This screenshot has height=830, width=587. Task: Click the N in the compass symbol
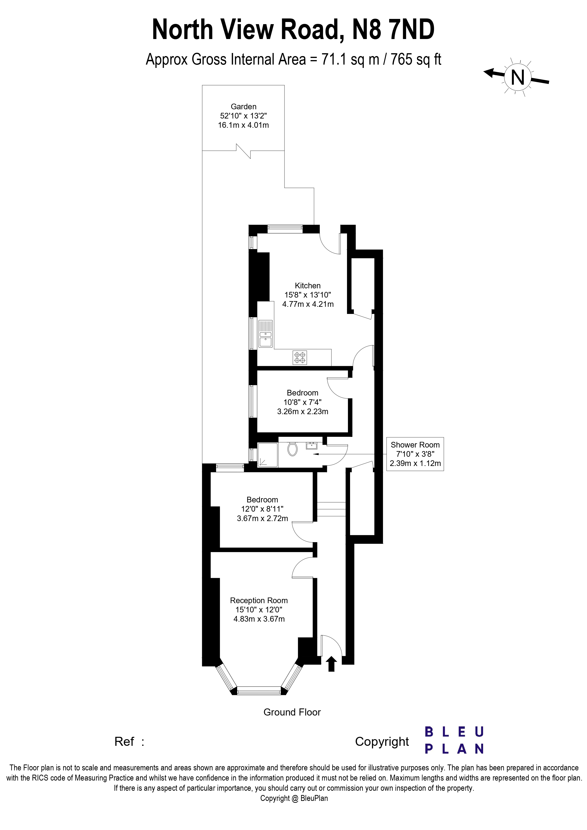click(518, 77)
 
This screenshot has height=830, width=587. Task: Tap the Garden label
click(243, 107)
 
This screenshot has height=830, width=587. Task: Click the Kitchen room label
click(307, 285)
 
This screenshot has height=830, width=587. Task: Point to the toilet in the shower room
click(293, 449)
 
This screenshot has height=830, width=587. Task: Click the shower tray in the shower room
click(268, 455)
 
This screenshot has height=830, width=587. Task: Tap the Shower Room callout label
click(415, 445)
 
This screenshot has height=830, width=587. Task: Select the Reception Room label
click(259, 601)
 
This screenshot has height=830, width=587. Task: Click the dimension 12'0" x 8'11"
click(262, 509)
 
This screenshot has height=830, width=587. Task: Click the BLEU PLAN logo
click(454, 740)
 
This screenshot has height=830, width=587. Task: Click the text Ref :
click(129, 742)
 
